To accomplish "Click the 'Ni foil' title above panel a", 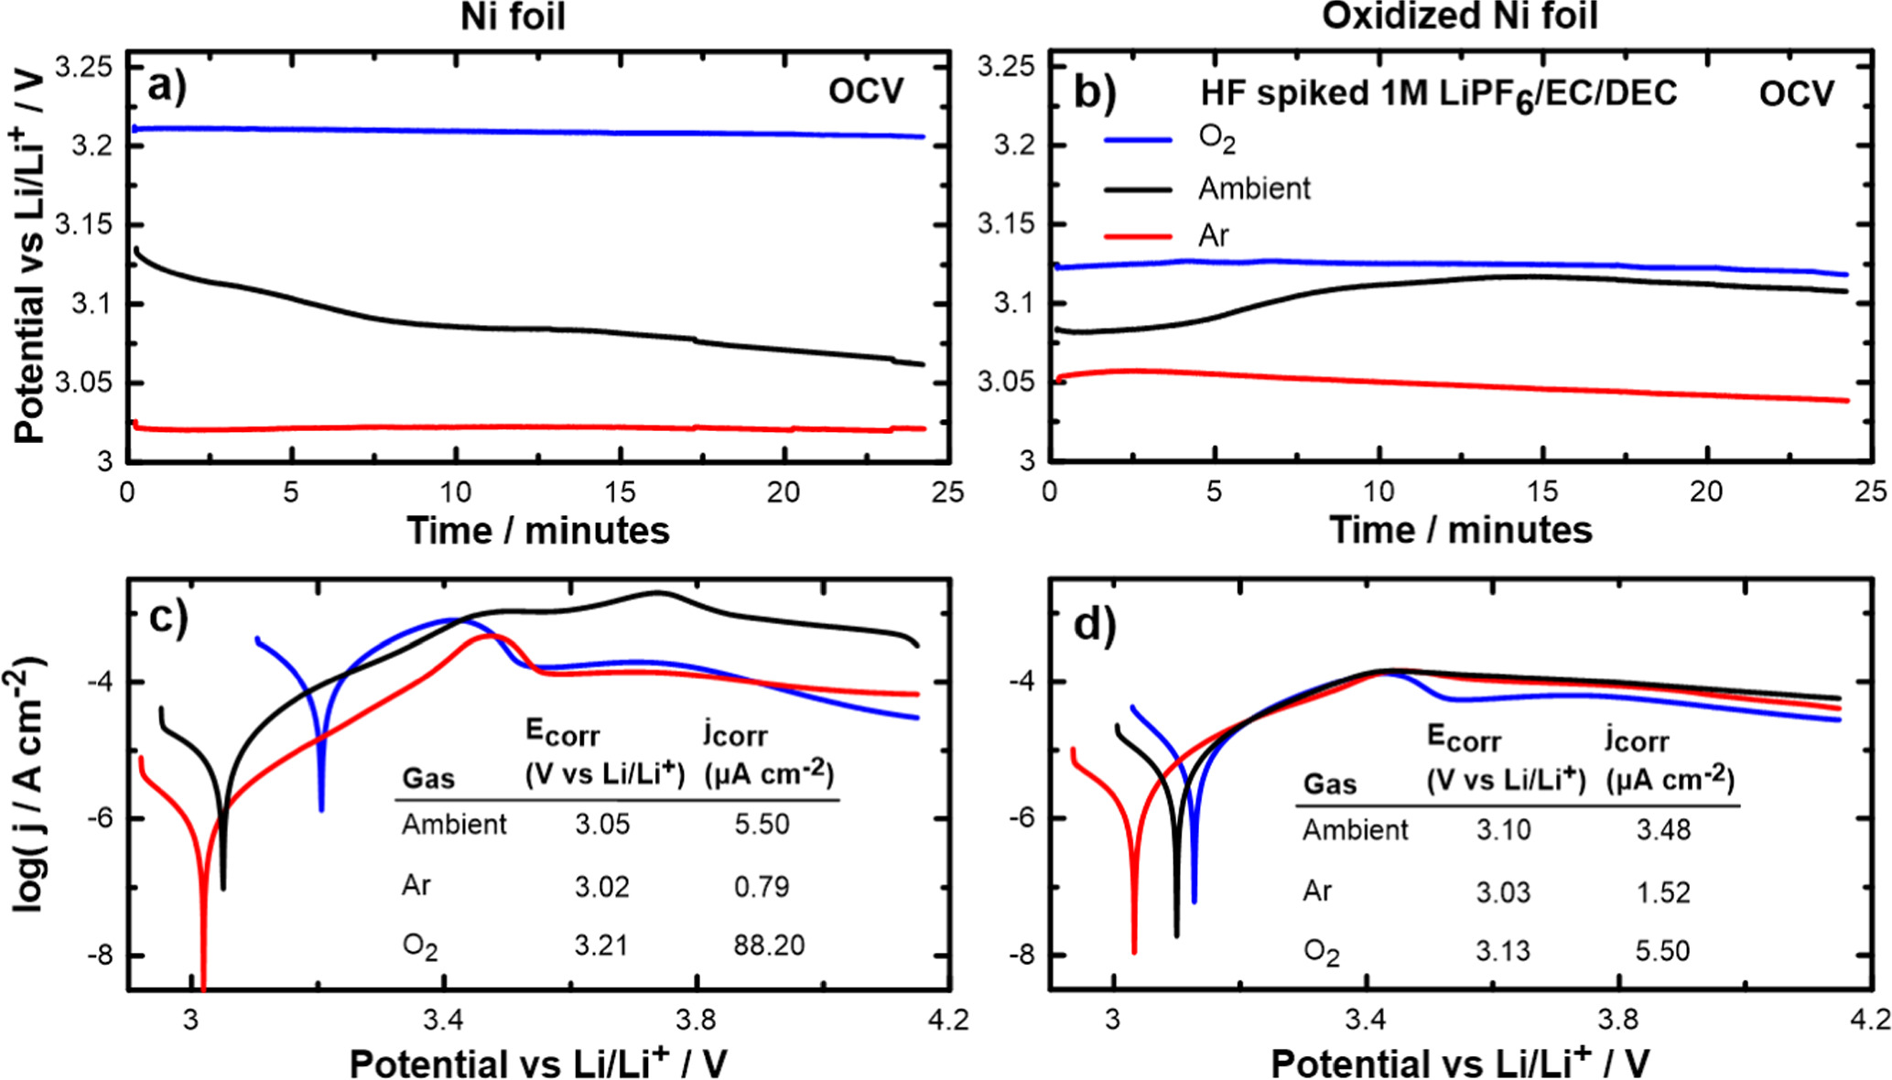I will click(x=512, y=16).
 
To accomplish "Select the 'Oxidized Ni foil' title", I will click(x=1459, y=16).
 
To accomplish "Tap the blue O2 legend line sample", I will click(x=1138, y=140).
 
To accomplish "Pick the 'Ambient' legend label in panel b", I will click(x=1254, y=189).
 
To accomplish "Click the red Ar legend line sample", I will click(x=1138, y=237).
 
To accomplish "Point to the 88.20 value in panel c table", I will click(x=768, y=945).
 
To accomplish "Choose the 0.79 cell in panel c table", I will click(x=761, y=886).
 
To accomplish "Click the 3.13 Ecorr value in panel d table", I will click(x=1502, y=951).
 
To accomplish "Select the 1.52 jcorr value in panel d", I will click(x=1662, y=891).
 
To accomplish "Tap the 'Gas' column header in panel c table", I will click(x=428, y=779).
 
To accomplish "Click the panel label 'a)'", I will click(x=167, y=88).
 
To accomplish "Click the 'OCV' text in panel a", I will click(x=865, y=92).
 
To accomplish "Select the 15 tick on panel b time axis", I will click(x=1541, y=492).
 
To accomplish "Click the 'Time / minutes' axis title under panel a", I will click(x=538, y=531).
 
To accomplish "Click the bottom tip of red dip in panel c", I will click(x=203, y=987).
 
